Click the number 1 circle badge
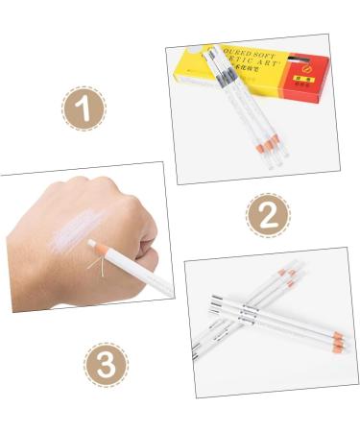84,108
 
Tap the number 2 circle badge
268,215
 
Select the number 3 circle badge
105,365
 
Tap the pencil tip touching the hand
91,244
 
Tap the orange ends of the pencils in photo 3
338,339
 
